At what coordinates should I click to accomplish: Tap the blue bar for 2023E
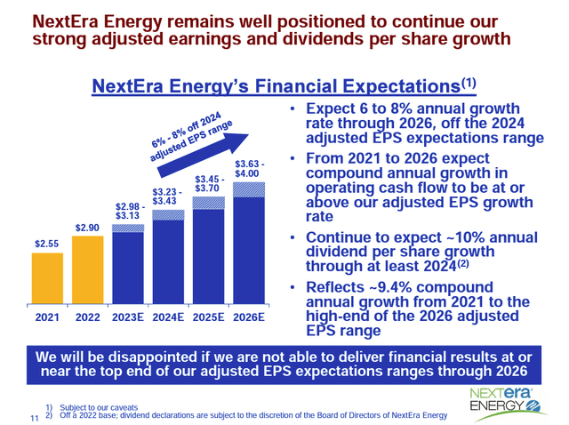coord(131,267)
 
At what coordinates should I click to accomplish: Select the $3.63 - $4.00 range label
coord(249,169)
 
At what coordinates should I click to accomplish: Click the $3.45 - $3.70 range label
coord(211,183)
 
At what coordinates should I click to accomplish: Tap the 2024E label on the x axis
coord(170,316)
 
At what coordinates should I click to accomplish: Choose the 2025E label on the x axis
coord(210,316)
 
